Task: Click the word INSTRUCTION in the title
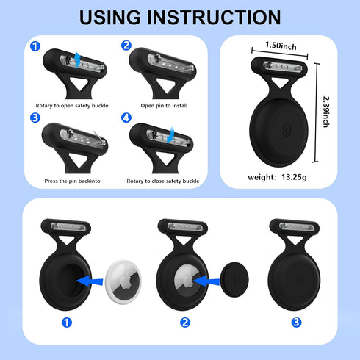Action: coord(214,18)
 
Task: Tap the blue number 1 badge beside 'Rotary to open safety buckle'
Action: coord(35,46)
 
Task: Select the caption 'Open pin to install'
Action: coord(164,106)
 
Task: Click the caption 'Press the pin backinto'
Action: coord(72,181)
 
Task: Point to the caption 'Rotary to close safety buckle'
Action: coord(163,181)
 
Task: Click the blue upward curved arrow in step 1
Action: coord(77,60)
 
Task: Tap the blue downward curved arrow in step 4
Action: coord(171,134)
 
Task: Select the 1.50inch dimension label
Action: coord(281,46)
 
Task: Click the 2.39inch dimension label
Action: coord(326,112)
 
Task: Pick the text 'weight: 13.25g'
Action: coord(277,177)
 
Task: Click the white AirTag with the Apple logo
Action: coord(123,282)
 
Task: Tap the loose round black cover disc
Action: coord(234,280)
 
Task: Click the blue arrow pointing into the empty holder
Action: coord(90,281)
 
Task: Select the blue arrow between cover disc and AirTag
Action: coord(206,281)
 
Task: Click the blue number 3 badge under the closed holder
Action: coord(296,323)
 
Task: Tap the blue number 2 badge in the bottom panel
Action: coord(185,323)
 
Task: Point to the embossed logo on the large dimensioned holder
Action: coord(287,130)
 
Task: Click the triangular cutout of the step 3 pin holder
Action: coord(78,159)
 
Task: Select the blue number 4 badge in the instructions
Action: coord(126,118)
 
